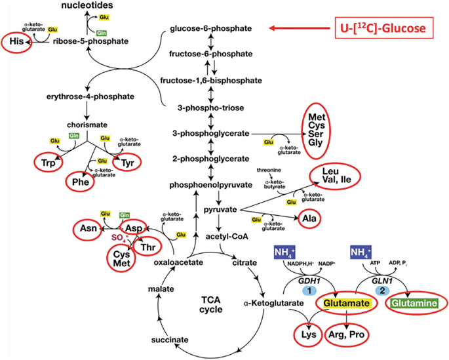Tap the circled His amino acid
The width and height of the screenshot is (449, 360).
click(x=16, y=43)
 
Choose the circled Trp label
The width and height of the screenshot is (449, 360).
click(x=48, y=161)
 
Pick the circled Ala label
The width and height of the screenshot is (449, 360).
click(x=307, y=220)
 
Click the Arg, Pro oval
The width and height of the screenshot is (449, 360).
click(x=346, y=334)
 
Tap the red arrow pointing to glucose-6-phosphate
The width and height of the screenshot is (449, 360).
click(x=300, y=28)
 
